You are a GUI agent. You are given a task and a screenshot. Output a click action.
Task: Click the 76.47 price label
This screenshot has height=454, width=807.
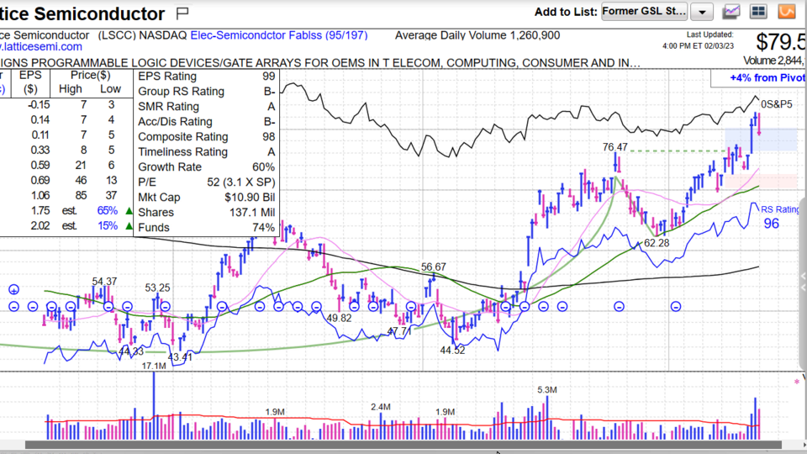[615, 147]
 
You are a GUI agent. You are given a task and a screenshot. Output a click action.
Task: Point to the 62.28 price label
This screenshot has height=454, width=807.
[657, 243]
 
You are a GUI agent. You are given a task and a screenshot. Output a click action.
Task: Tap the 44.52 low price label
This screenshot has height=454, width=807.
[452, 351]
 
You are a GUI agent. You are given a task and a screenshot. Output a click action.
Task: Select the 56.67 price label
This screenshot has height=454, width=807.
[434, 267]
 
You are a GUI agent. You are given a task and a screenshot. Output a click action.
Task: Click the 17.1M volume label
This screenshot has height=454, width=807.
[154, 366]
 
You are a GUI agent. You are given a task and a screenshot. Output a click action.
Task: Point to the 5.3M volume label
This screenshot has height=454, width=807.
[547, 390]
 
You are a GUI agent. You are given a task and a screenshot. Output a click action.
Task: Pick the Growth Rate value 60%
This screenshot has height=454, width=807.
[263, 167]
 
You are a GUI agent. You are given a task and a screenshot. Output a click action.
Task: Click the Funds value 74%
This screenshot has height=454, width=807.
[263, 228]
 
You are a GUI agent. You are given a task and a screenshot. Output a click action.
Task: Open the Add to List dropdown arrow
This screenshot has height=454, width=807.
[703, 12]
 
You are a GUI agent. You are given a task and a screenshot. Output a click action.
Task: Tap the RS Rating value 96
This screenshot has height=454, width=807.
[771, 224]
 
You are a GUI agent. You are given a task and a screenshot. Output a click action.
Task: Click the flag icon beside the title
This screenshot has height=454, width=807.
[183, 13]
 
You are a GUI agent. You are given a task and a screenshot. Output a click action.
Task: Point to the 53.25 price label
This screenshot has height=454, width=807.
[157, 288]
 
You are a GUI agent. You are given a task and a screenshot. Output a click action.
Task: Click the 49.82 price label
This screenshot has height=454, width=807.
[339, 318]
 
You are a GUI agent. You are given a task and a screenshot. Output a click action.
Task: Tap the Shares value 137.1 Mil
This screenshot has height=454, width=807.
[252, 213]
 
